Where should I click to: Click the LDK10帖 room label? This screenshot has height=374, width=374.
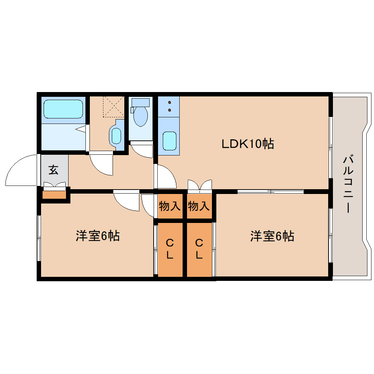click(248, 144)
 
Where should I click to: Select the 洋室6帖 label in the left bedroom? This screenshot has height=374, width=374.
click(98, 236)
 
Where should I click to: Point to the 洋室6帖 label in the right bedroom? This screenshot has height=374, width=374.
click(272, 236)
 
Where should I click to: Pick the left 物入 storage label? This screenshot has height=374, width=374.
click(169, 206)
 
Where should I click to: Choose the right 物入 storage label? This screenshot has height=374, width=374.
click(199, 206)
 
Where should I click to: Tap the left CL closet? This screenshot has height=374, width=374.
click(170, 249)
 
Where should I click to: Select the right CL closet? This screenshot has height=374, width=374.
click(199, 249)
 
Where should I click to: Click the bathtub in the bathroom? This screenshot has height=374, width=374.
click(63, 109)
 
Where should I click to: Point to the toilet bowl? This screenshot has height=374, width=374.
click(140, 115)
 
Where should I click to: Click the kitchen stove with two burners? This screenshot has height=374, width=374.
click(169, 106)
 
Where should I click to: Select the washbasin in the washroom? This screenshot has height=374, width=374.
click(116, 136)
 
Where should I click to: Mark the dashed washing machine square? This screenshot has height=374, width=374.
click(114, 106)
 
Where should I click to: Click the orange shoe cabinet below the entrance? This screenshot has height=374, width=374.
click(55, 194)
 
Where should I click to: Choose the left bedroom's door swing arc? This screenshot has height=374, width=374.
click(126, 201)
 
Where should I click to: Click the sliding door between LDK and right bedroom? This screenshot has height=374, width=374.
click(270, 191)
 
